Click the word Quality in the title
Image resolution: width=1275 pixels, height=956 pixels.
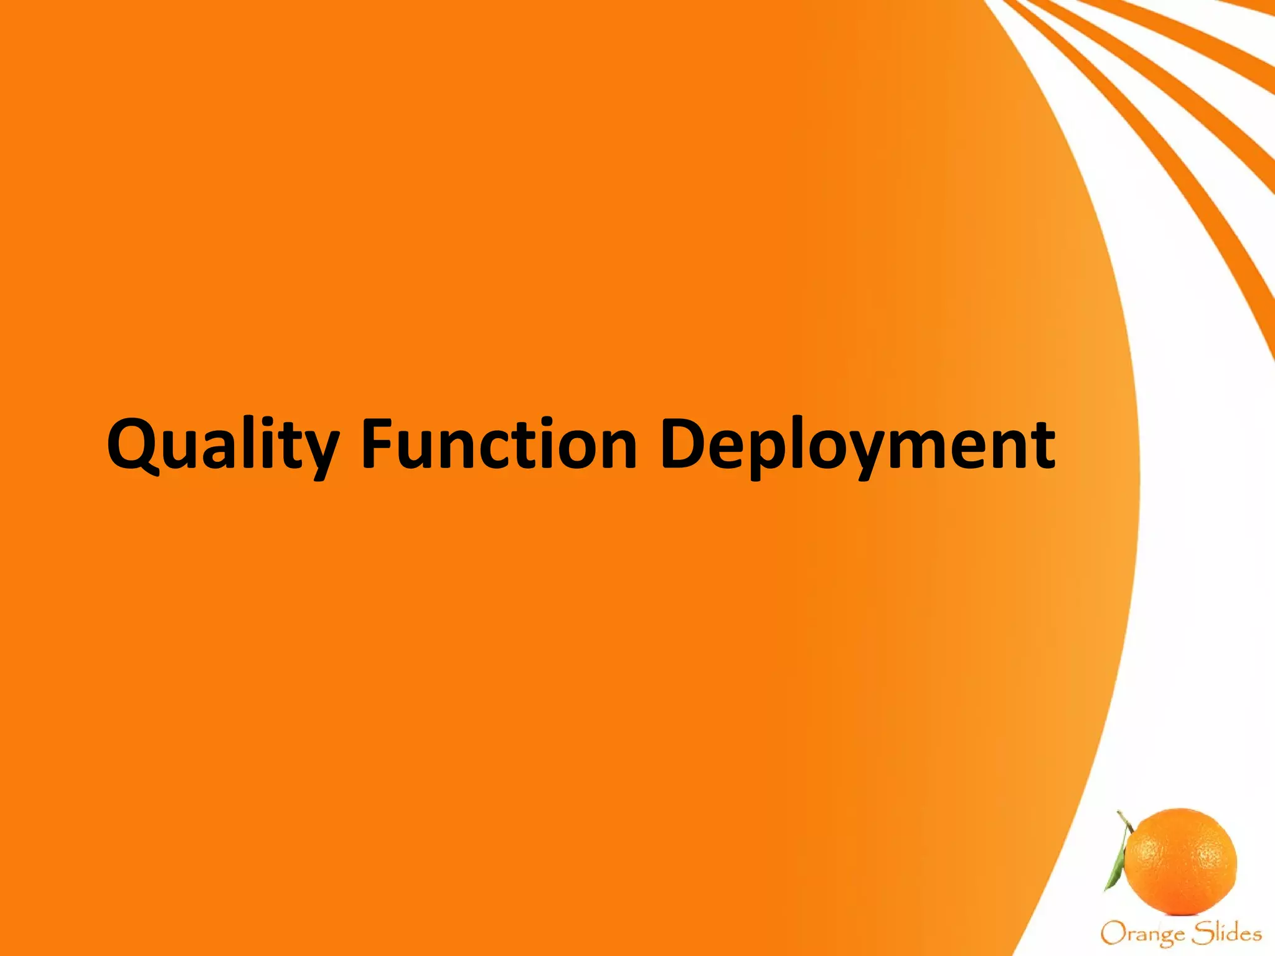pos(223,445)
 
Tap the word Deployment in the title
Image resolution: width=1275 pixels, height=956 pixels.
pos(857,445)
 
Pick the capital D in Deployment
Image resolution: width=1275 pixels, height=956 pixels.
pos(684,443)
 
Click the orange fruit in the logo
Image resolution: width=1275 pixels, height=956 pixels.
pos(1182,862)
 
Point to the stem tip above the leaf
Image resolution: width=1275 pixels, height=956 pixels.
pos(1119,813)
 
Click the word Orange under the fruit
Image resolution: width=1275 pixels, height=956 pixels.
pos(1142,934)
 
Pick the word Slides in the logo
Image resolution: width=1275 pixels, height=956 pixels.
pos(1226,932)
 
